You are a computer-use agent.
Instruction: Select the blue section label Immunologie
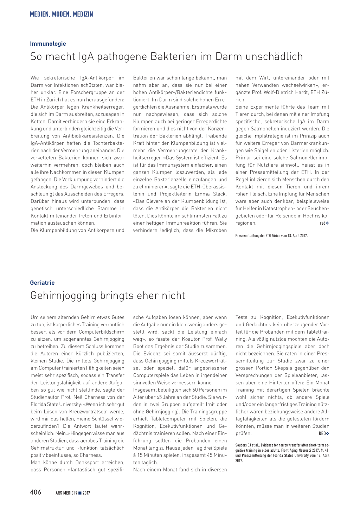pos(48,44)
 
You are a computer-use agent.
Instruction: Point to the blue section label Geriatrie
pos(42,283)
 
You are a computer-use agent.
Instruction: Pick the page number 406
pos(36,492)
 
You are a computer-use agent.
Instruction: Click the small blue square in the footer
pos(80,493)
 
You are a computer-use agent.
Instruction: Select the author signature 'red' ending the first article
pos(323,223)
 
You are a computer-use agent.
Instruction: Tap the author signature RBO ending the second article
pos(322,433)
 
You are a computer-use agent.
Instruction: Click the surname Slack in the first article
pos(220,194)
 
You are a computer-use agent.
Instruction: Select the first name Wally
pos(221,339)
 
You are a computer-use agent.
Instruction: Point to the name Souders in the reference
pos(241,445)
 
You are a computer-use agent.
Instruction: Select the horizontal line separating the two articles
pos(180,253)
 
